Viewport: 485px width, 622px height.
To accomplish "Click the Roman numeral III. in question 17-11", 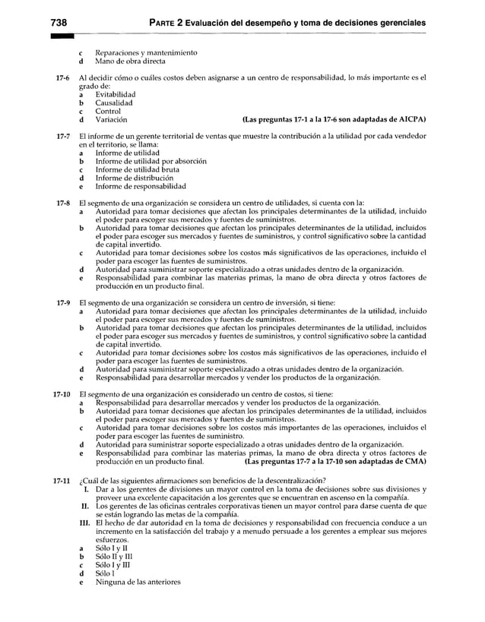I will point(84,523).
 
